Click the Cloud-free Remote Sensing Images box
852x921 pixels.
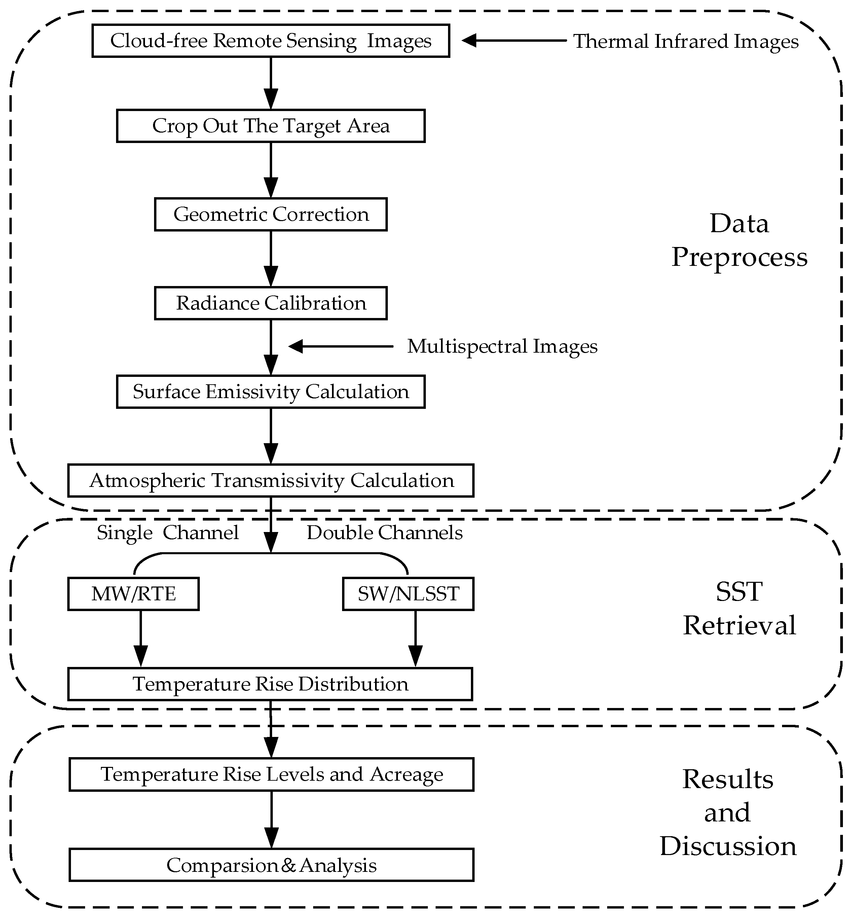click(x=271, y=41)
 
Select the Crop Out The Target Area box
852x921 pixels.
click(x=271, y=126)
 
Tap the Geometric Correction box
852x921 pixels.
click(x=271, y=214)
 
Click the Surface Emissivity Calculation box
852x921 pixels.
click(x=271, y=392)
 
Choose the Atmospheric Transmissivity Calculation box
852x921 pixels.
click(x=271, y=481)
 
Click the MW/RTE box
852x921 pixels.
click(x=133, y=594)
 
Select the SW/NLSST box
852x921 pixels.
click(x=408, y=594)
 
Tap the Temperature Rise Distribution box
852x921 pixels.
click(x=270, y=684)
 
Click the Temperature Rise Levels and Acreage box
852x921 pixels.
click(x=271, y=775)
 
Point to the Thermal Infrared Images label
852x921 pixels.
click(x=686, y=41)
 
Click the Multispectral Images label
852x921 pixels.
click(x=502, y=346)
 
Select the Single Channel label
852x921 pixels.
click(x=168, y=533)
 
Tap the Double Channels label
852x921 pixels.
click(x=384, y=533)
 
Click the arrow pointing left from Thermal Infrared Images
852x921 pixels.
click(x=514, y=41)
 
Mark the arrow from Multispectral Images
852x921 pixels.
click(x=341, y=346)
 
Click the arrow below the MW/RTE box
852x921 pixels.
click(x=141, y=639)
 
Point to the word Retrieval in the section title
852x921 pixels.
click(x=740, y=626)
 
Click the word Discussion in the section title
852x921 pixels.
click(x=728, y=846)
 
